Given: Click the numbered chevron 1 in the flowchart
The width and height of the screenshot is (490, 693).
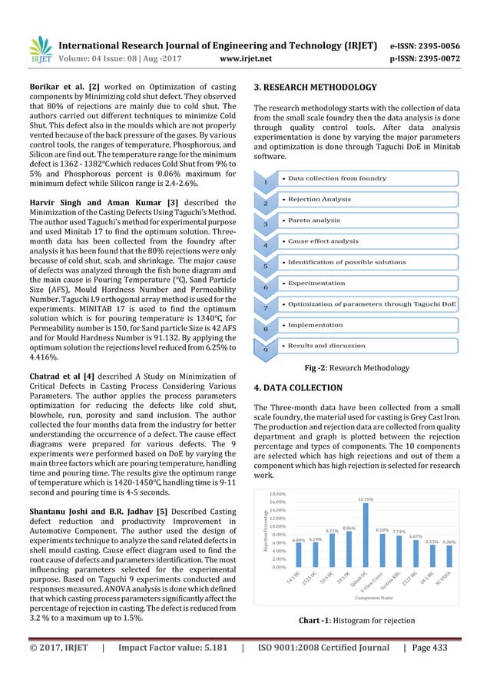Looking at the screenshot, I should [267, 183].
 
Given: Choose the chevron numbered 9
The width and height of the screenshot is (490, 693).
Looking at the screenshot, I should [267, 350].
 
